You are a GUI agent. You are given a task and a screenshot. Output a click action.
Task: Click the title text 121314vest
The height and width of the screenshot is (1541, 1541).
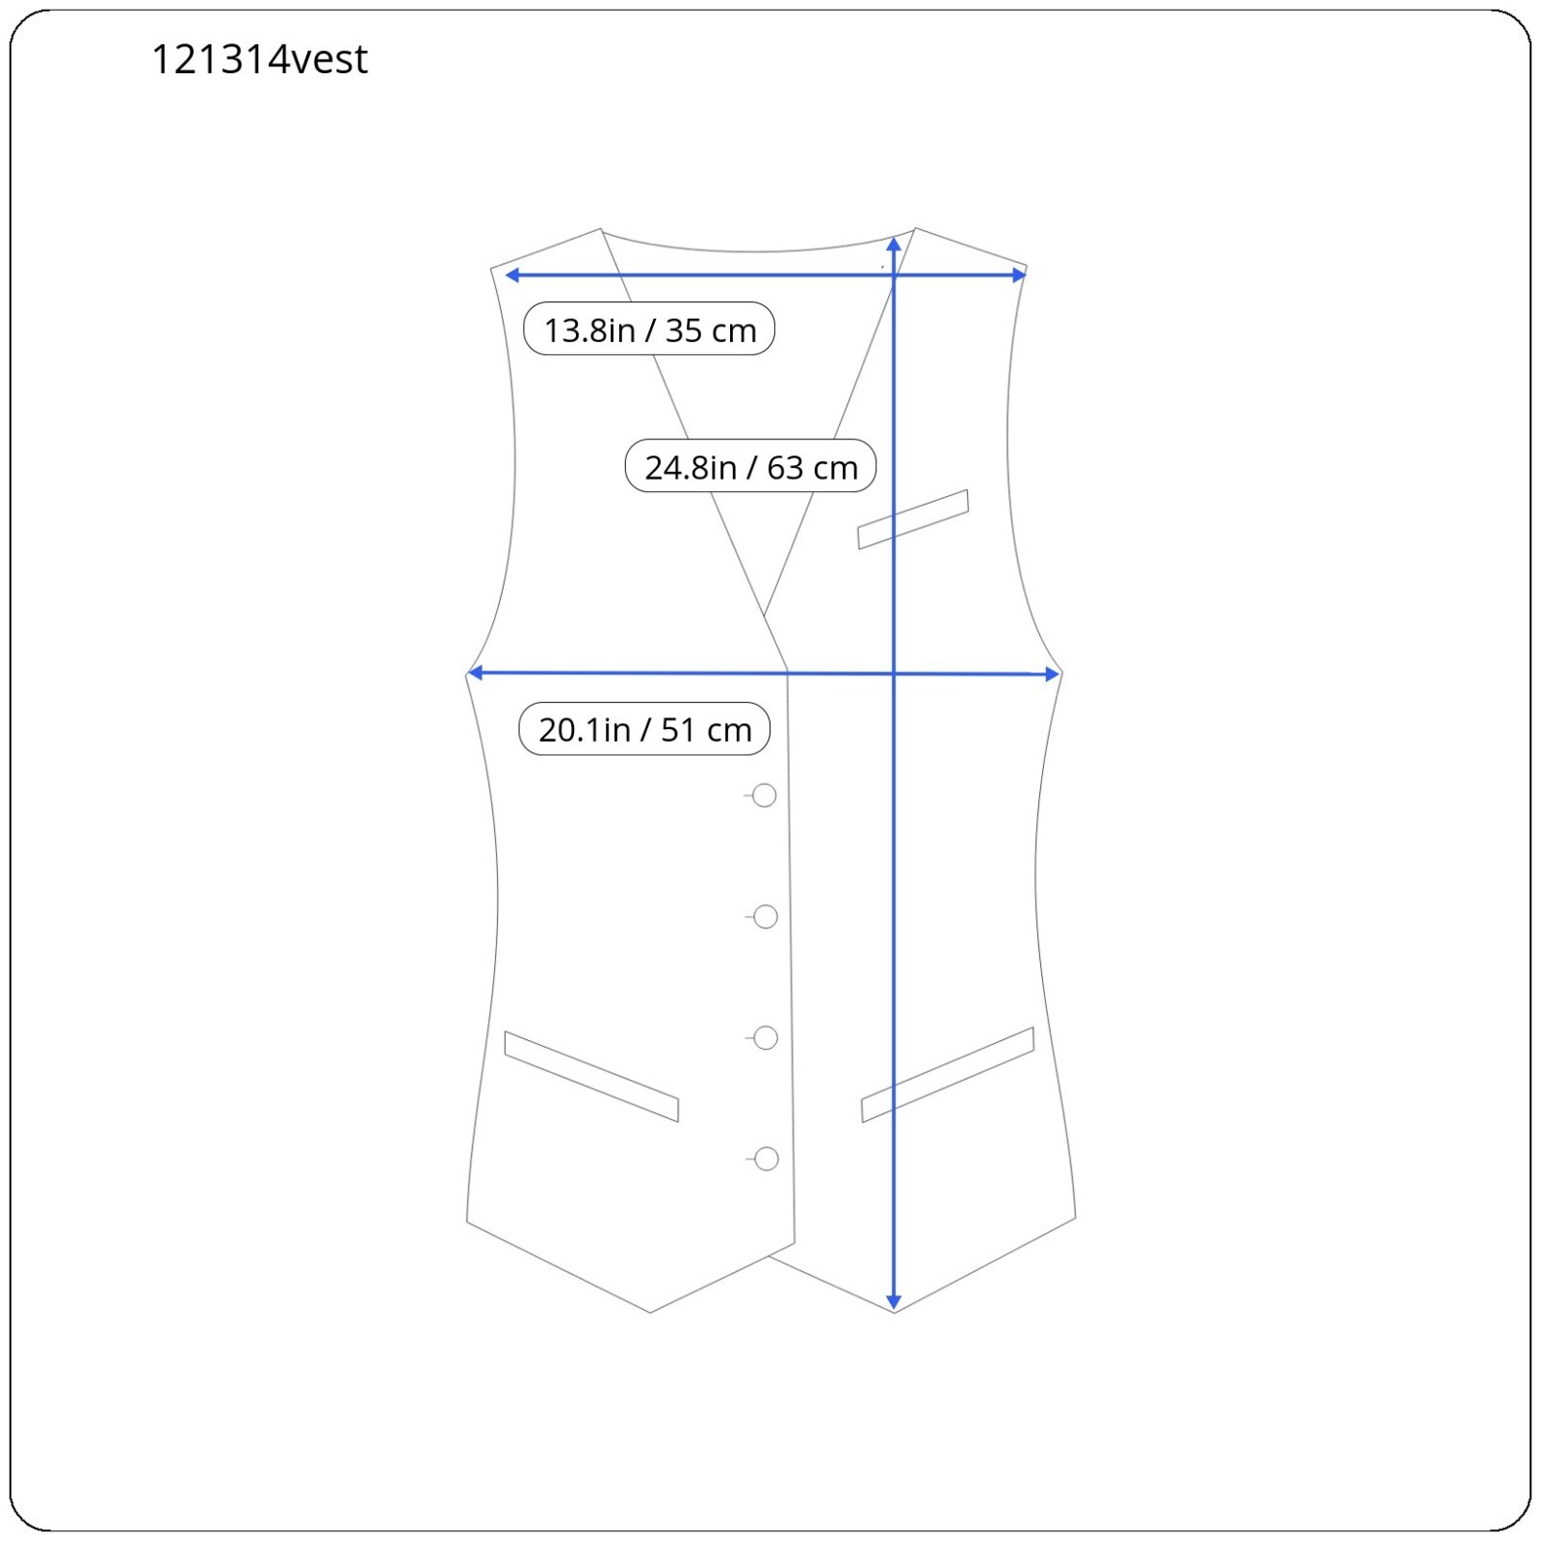(259, 60)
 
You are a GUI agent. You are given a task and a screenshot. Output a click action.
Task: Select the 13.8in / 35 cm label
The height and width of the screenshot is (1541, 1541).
(649, 329)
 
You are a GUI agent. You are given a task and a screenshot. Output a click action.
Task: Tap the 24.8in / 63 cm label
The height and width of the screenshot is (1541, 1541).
(750, 466)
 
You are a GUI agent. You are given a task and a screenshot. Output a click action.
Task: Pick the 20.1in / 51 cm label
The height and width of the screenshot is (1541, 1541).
(644, 729)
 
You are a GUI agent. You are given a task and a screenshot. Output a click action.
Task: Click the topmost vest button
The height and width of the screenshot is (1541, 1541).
(765, 796)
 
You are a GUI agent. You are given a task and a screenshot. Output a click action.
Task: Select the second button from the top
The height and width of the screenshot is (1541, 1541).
(766, 917)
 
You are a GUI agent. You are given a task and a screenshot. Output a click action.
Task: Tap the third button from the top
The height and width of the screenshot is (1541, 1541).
(767, 1038)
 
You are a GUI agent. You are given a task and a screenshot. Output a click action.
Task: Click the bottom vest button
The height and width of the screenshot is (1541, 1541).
(767, 1159)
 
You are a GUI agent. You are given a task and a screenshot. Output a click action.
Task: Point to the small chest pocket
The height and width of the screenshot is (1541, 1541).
(913, 519)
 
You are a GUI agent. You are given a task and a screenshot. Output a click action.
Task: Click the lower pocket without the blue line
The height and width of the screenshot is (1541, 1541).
(591, 1077)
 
